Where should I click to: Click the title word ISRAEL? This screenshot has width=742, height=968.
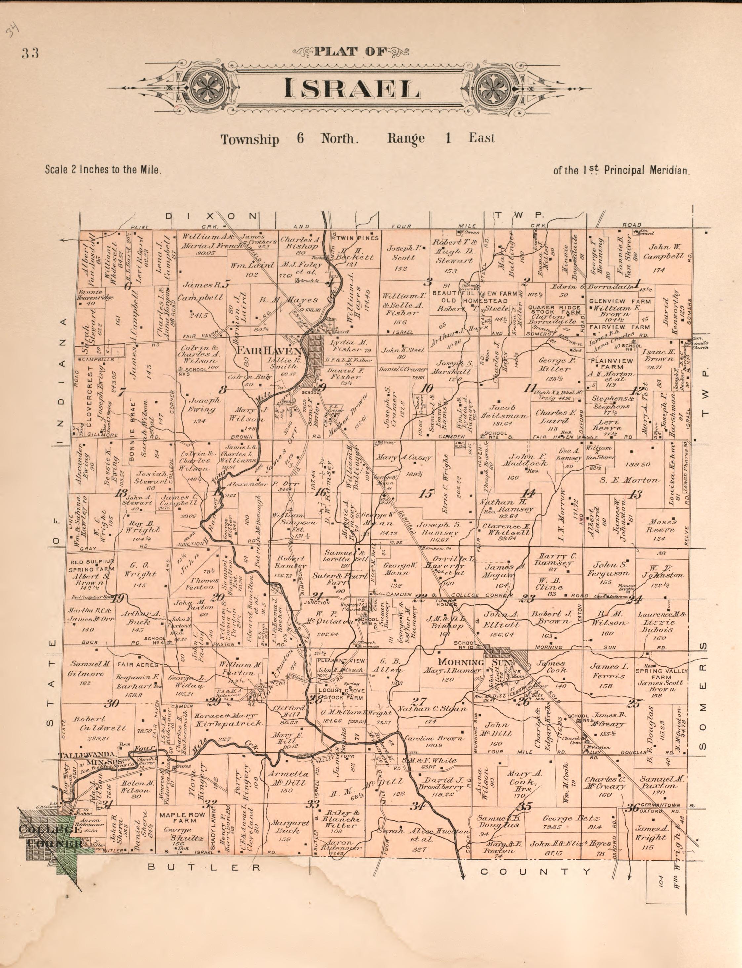pos(351,88)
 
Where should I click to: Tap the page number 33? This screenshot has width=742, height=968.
pos(30,53)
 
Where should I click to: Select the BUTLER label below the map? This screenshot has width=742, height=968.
pos(204,867)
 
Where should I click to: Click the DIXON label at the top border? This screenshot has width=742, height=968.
pos(211,216)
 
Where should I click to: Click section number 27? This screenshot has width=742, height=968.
pos(419,701)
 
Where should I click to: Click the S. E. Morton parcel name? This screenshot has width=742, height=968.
pos(629,480)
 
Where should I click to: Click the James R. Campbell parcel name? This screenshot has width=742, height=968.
pos(201,291)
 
